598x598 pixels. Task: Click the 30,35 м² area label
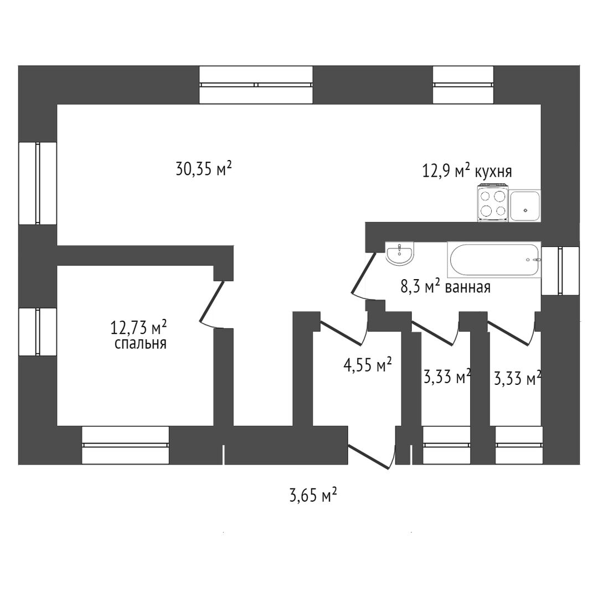coord(204,168)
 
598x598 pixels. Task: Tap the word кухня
coord(493,172)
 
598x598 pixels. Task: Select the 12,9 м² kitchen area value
coord(445,171)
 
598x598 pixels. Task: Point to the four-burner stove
coord(493,203)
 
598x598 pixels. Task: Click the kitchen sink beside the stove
coord(525,205)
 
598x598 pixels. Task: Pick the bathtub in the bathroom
coord(494,260)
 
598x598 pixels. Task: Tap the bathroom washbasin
coord(399,254)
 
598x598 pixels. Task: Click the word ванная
coord(467,287)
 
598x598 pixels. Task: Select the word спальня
coord(140,344)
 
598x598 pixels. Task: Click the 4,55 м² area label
coord(368,364)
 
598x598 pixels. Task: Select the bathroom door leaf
coord(363,273)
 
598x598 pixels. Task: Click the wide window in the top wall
coord(256,85)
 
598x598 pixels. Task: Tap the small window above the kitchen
coord(463,85)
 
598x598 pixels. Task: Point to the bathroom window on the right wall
coord(560,271)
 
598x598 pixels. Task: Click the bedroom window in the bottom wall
coord(126,445)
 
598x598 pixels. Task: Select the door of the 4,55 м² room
coord(343,333)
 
